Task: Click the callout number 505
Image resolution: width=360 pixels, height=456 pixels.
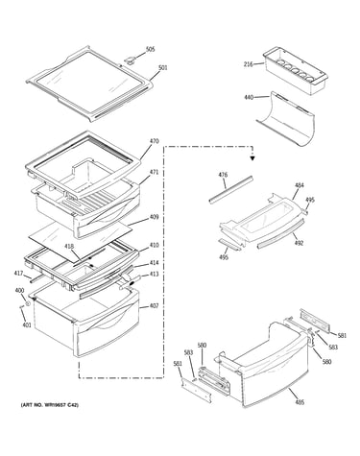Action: pos(150,49)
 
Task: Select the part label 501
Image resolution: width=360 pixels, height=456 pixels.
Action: pos(163,68)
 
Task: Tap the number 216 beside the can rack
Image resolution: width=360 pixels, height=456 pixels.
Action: pos(248,64)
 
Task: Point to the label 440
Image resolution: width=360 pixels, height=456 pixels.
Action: pos(249,97)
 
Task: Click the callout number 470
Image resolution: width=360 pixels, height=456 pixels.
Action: pos(154,141)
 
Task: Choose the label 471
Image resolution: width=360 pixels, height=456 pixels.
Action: pos(154,172)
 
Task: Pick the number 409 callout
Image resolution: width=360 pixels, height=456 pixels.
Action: pos(154,217)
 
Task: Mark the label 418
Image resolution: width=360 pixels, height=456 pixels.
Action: pos(69,247)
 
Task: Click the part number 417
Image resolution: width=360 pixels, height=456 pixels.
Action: pos(18,274)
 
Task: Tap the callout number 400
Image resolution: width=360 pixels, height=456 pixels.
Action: pos(19,290)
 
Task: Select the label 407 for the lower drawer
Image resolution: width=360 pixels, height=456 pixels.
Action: pos(154,306)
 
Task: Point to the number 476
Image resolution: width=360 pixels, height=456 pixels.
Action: pos(223,175)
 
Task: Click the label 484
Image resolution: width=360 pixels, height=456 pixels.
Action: pos(300,185)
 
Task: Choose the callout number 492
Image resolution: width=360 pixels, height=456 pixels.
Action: pos(299,243)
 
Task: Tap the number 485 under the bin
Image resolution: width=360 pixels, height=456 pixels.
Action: pos(300,402)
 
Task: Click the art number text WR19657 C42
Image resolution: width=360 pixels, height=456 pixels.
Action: pos(60,405)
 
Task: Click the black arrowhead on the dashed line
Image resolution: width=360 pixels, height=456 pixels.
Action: pos(252,157)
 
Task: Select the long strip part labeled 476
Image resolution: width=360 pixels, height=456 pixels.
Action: pos(231,189)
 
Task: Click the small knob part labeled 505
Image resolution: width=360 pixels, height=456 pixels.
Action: pos(130,60)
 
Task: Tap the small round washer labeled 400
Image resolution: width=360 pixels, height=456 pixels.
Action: pos(28,303)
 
